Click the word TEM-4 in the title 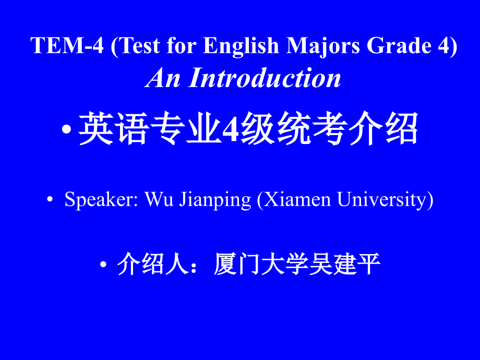click(x=67, y=45)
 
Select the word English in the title click(x=241, y=46)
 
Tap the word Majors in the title click(x=323, y=46)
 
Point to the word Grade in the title click(x=399, y=45)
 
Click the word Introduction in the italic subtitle click(x=265, y=78)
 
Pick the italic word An click(x=163, y=78)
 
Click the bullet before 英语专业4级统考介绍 click(x=66, y=129)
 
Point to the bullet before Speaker click(x=50, y=199)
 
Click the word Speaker click(x=101, y=200)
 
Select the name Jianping click(x=215, y=200)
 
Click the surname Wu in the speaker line click(x=159, y=199)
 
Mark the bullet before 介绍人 click(x=103, y=264)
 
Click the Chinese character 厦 click(x=225, y=264)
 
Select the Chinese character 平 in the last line click(x=368, y=264)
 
